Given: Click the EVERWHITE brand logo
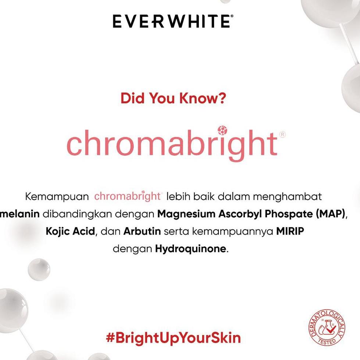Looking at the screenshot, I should pos(172,21).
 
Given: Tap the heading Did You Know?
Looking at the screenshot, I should pos(173,98).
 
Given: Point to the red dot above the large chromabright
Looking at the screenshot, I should pos(222,130).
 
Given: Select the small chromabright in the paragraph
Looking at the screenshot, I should pos(127,196).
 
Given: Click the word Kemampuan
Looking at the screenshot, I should pos(57,197).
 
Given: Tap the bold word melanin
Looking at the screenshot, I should pos(20,214).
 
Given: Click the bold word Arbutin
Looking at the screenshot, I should pos(142,232).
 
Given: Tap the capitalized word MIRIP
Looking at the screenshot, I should pos(291,232).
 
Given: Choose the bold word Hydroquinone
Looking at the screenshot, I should pos(190,249).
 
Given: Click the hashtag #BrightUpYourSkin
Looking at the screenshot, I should pos(173,338).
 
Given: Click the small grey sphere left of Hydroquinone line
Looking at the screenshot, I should pos(39,269).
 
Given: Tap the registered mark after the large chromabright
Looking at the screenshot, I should pos(282,135).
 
